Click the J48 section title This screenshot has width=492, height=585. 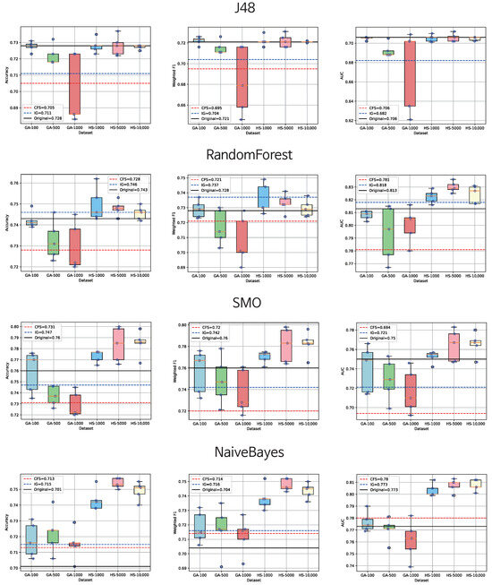[246, 11]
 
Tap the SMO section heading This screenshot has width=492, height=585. [246, 303]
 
